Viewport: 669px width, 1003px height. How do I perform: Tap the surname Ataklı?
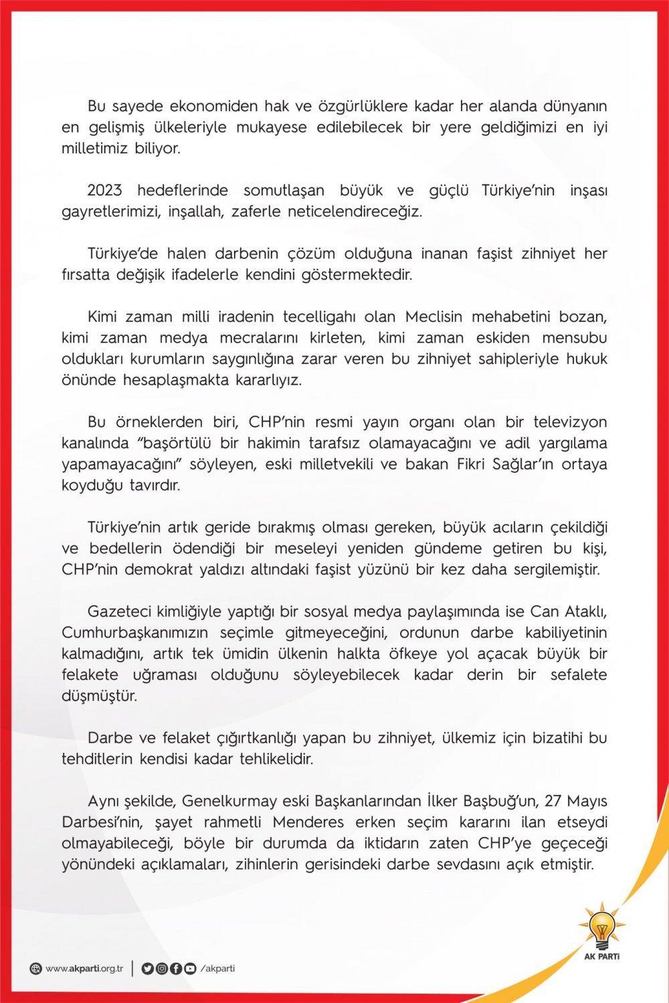pos(583,612)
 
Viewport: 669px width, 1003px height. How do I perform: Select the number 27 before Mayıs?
pos(553,801)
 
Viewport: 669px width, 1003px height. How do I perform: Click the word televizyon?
pos(570,422)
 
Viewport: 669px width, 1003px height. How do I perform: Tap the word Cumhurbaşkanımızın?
pos(135,633)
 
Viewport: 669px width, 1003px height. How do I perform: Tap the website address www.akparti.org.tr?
pos(84,968)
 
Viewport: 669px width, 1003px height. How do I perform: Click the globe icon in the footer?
pos(36,968)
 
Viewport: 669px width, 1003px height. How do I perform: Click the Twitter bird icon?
pos(147,968)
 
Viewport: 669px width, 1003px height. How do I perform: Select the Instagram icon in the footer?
pos(161,968)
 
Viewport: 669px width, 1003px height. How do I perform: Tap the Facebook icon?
pos(175,968)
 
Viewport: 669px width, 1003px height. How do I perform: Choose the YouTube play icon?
pos(190,968)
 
